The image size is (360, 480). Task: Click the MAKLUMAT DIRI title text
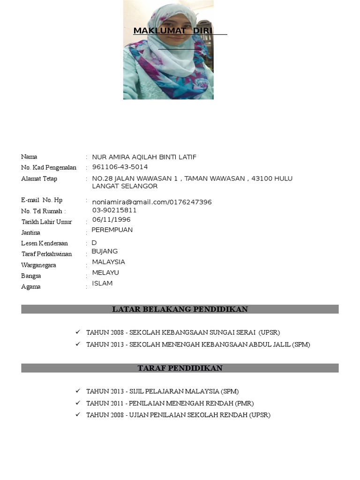(x=173, y=31)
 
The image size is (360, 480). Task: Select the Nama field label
(x=29, y=157)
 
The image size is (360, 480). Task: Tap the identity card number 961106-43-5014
(x=120, y=167)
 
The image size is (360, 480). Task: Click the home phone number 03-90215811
(x=114, y=210)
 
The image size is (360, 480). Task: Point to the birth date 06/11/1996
(x=112, y=219)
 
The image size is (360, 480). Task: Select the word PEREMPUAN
(x=112, y=230)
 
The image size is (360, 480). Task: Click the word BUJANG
(x=105, y=251)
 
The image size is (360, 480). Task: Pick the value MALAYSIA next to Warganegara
(x=108, y=262)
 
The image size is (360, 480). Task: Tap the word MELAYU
(x=105, y=272)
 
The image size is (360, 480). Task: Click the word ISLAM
(x=102, y=283)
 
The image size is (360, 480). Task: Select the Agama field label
(x=31, y=286)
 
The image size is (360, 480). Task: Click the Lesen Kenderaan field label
(x=45, y=243)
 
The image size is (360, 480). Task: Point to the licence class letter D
(x=94, y=243)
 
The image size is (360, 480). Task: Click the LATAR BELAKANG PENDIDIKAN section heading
(x=180, y=309)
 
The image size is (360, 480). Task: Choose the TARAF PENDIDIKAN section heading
(x=180, y=368)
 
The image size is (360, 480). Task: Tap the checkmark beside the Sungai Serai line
(x=78, y=332)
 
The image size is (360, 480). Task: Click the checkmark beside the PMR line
(x=78, y=403)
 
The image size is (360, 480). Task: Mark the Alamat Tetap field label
(x=39, y=179)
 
